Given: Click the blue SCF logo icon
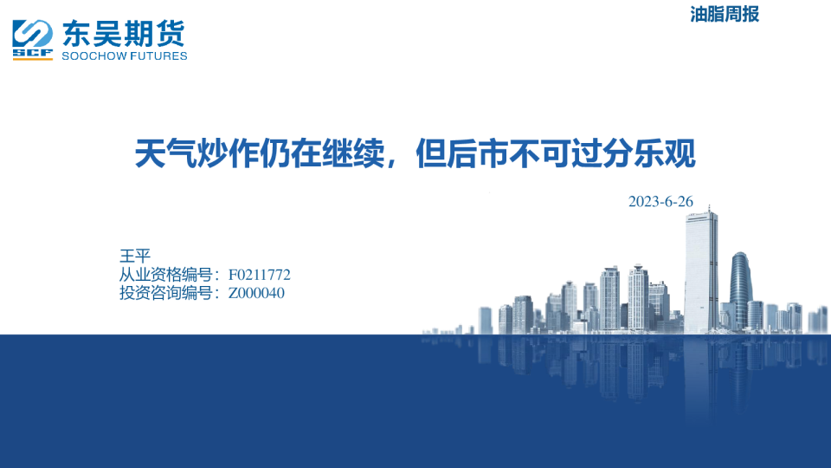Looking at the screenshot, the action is coord(32,37).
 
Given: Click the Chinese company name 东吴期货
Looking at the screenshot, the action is coord(124,34).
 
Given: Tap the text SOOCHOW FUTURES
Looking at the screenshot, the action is coord(125,55).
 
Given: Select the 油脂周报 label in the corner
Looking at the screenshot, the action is coord(725,15).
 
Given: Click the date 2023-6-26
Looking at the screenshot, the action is coord(660,202).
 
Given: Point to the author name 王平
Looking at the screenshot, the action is coord(135,256).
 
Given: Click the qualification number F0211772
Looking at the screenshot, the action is coord(259,275).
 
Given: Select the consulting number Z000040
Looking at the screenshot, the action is coord(256,293).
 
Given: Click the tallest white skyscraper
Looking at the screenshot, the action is coord(701,271).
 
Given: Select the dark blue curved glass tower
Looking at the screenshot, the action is coord(741,290).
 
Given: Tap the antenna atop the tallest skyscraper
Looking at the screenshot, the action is coord(710,209).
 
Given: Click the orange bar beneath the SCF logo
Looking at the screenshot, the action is coord(32,59).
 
